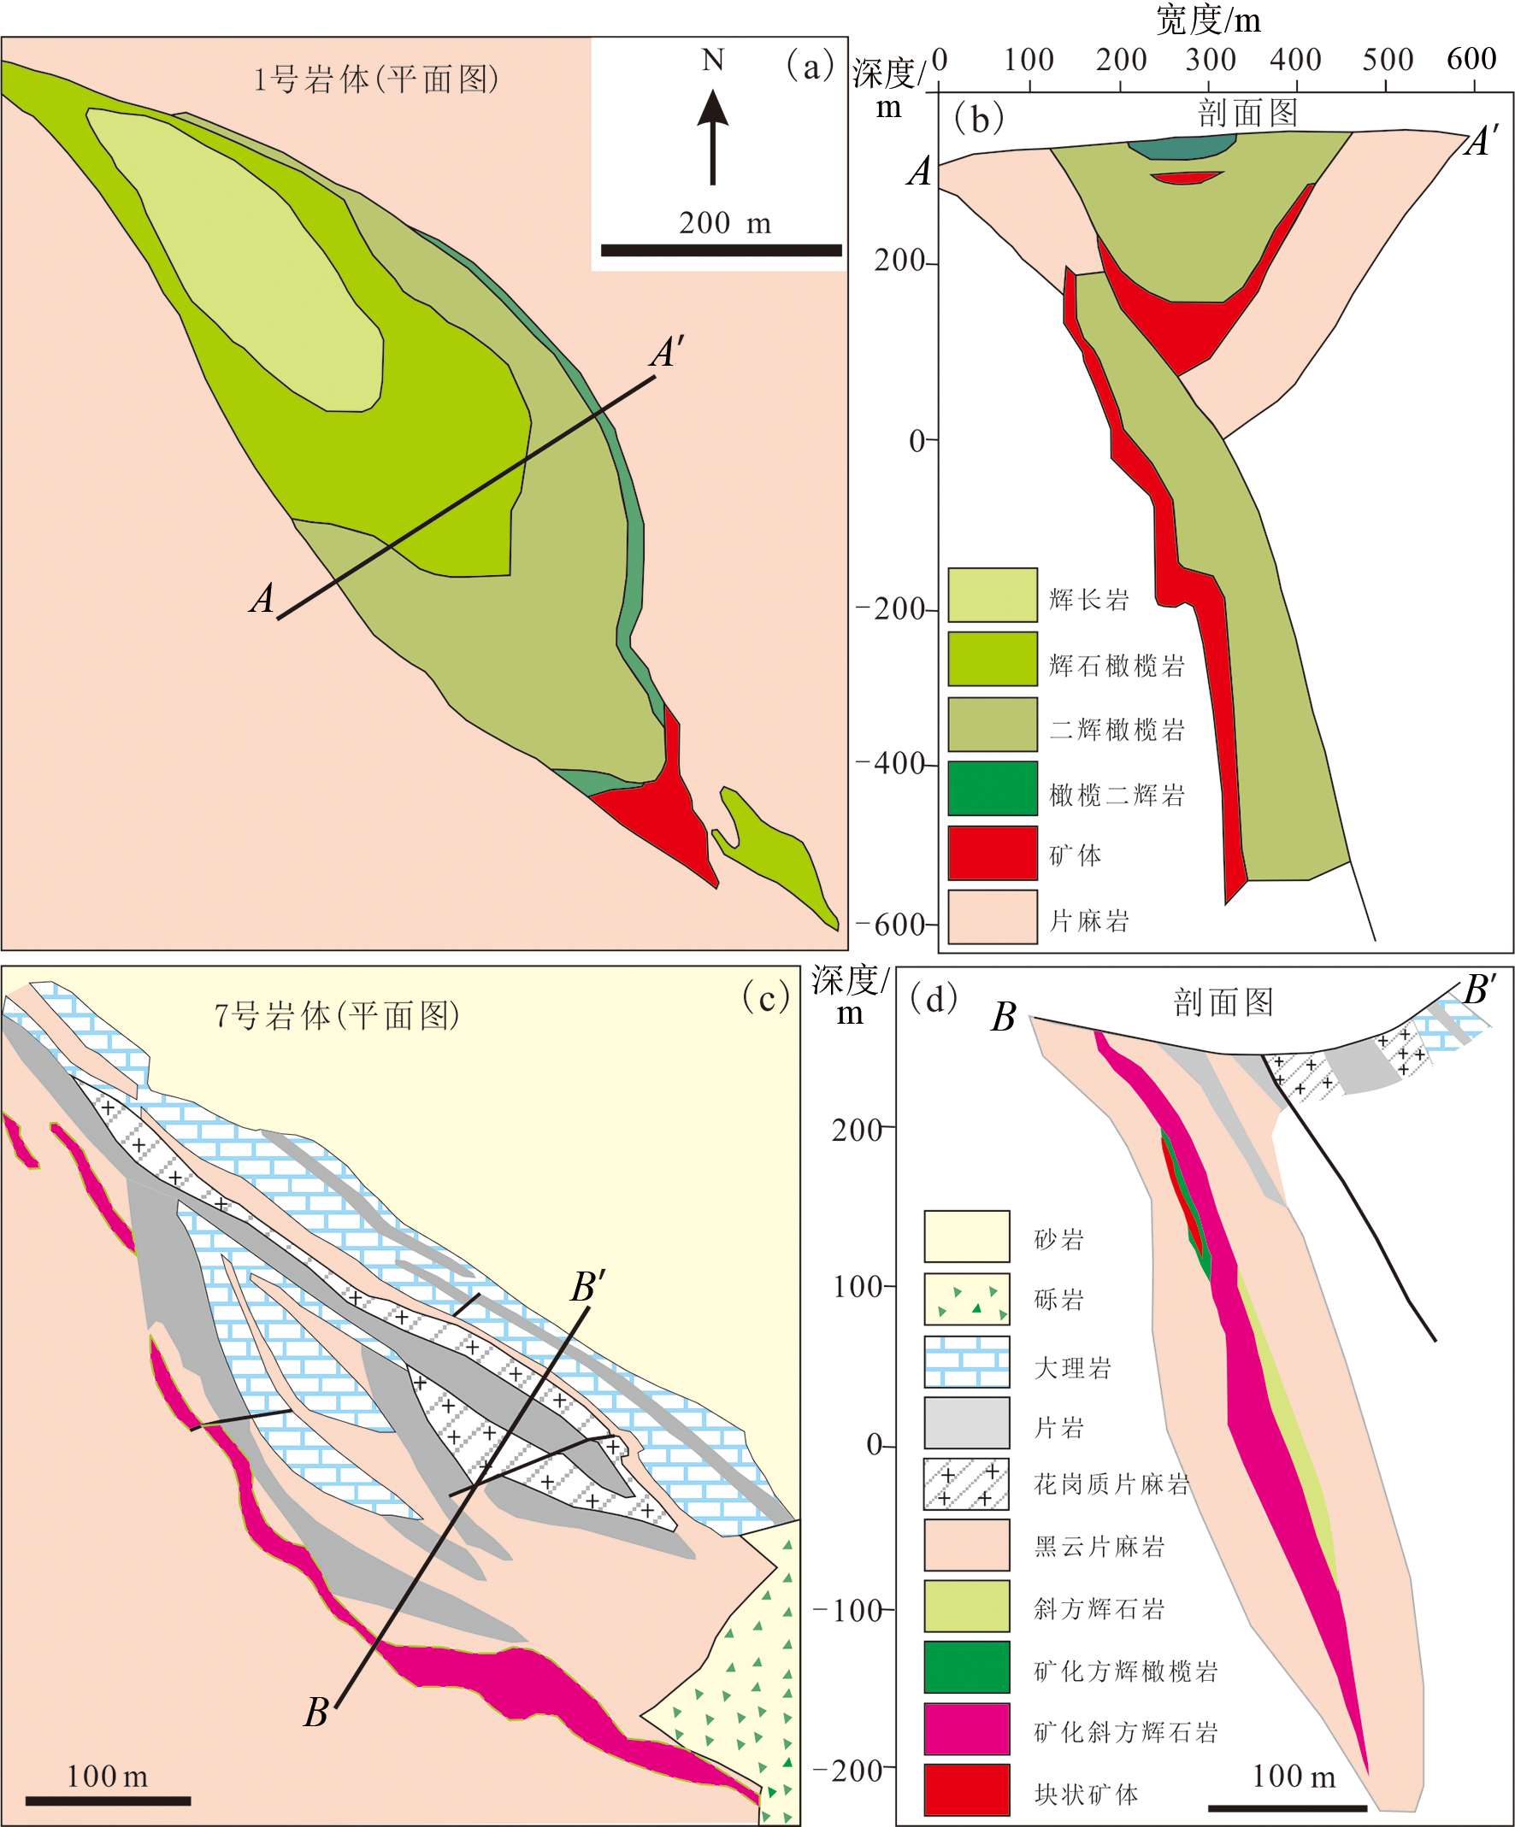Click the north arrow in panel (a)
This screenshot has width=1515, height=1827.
713,138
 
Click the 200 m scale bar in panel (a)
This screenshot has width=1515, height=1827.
722,250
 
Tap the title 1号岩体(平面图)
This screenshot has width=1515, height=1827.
376,79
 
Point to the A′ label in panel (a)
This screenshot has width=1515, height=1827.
668,352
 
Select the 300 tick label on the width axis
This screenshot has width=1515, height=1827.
1211,59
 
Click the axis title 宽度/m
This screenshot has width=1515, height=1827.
1209,19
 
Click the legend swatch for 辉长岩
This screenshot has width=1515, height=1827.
993,595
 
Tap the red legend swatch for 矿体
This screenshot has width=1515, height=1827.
993,854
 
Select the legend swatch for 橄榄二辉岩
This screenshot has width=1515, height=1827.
993,788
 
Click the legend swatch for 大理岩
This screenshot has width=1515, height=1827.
967,1361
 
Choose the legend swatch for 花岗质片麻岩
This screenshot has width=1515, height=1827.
967,1484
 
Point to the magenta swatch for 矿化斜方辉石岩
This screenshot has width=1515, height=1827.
967,1729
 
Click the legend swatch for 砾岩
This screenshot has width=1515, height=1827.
967,1299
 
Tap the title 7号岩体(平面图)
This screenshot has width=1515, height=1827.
337,1014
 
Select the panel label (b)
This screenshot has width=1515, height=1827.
979,118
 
